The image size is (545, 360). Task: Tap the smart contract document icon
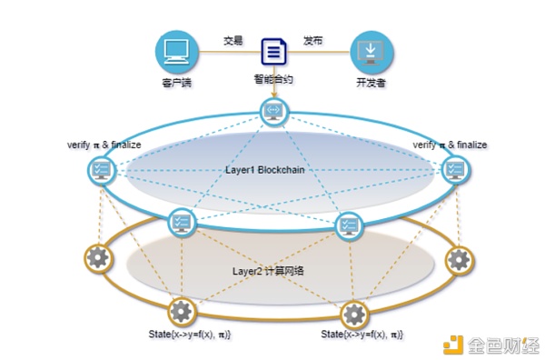[x=273, y=51]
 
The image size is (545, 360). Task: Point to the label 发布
[x=312, y=41]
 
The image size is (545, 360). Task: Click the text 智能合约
[x=273, y=79]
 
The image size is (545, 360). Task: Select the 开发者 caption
[x=372, y=85]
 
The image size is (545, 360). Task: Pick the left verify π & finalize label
[x=104, y=145]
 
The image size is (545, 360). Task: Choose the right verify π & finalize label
[x=450, y=145]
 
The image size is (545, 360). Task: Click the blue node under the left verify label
[x=102, y=170]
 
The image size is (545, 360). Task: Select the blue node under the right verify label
[x=453, y=170]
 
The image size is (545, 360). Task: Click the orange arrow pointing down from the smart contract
[x=272, y=91]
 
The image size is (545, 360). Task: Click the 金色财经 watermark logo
[x=491, y=344]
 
